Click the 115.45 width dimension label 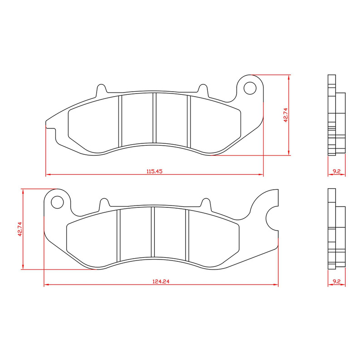(154, 171)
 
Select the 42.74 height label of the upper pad (285, 115)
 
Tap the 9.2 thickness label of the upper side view (336, 171)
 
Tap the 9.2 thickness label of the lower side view (336, 282)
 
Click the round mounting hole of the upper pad (250, 88)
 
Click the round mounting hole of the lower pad (57, 201)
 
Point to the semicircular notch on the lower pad (272, 218)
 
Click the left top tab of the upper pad (102, 89)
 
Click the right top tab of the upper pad (202, 89)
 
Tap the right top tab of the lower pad (206, 203)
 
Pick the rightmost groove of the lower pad (186, 235)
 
